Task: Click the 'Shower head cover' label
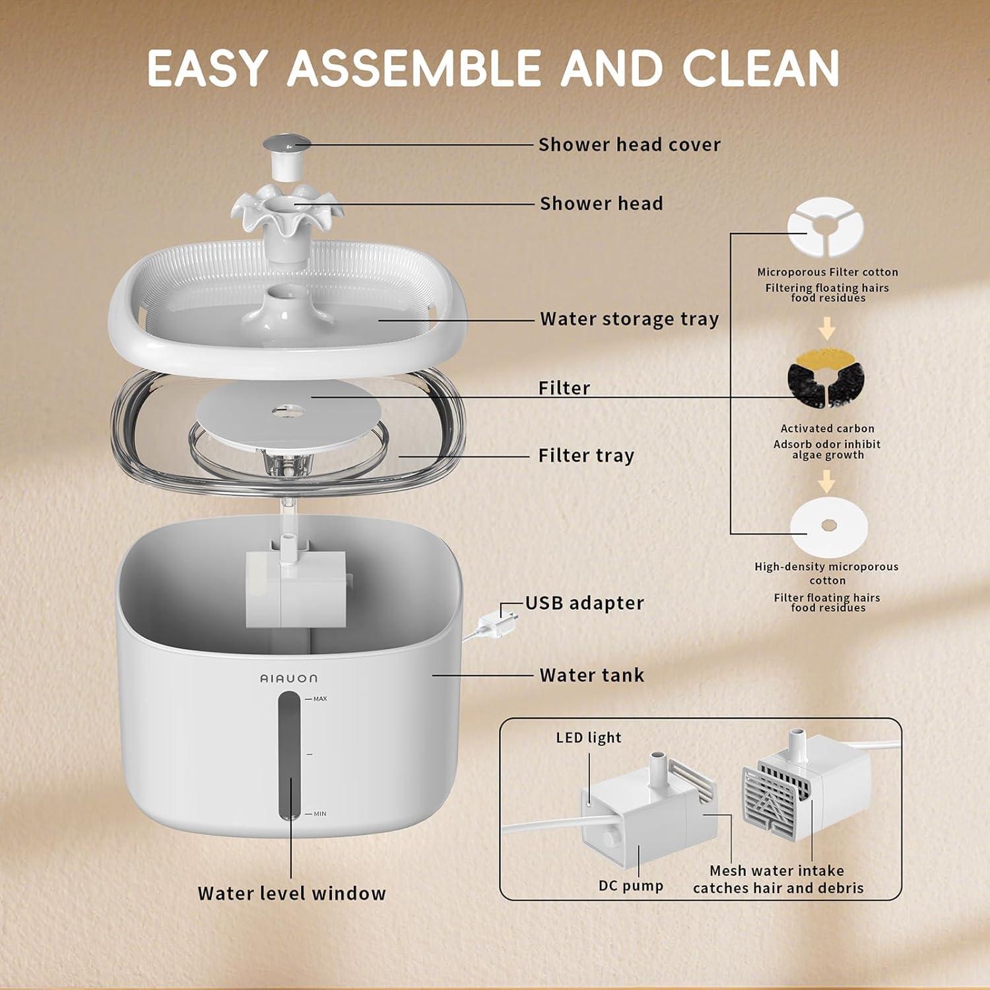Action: coord(629,145)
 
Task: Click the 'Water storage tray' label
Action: coord(629,319)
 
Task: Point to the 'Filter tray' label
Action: coord(586,455)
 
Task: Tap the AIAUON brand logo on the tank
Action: coord(288,678)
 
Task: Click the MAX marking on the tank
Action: coord(319,698)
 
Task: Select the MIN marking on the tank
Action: coord(319,814)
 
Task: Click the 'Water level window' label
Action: coord(292,893)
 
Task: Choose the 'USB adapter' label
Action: coord(584,603)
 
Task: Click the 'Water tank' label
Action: coord(591,675)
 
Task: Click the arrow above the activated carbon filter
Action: coord(827,328)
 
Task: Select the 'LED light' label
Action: coord(588,737)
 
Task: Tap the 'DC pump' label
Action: coord(630,886)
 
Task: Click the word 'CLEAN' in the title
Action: coord(760,68)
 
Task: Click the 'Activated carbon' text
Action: coord(827,428)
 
